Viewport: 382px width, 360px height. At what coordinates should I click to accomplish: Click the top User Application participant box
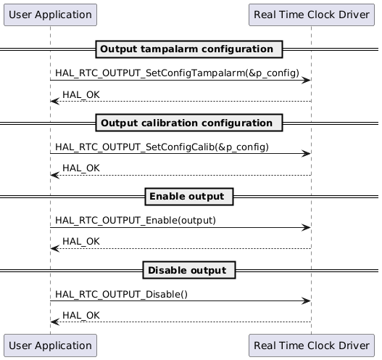[x=50, y=14]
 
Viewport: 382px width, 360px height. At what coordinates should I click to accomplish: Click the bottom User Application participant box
[x=50, y=346]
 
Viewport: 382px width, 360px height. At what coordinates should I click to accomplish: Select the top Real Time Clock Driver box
[x=311, y=14]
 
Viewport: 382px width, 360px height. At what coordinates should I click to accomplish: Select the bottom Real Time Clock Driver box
[x=311, y=346]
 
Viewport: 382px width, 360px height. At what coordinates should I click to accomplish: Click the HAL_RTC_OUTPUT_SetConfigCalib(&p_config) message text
[x=162, y=147]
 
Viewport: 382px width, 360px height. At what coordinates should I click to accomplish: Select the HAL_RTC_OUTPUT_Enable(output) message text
[x=136, y=221]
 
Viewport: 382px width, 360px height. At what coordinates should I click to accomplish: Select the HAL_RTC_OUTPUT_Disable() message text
[x=121, y=295]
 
